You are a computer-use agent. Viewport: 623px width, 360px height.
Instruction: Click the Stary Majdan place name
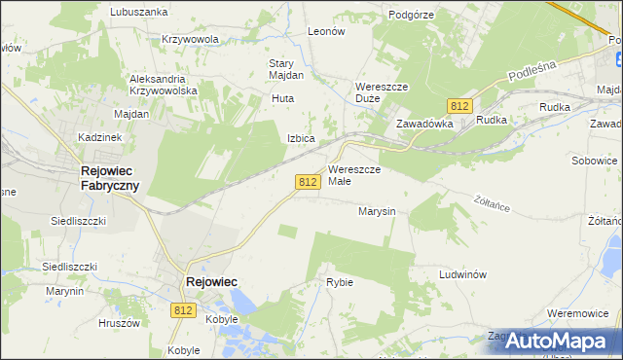(286, 69)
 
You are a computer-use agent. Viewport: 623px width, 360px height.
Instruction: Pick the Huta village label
(283, 98)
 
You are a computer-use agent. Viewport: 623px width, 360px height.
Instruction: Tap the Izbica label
(300, 138)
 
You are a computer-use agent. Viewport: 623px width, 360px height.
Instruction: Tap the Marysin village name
(376, 210)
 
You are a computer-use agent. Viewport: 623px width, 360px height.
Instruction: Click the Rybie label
(339, 282)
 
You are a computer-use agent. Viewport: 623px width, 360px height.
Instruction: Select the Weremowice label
(579, 312)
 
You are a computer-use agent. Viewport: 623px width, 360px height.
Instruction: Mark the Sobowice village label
(597, 160)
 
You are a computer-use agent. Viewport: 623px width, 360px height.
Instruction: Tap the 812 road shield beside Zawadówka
(460, 105)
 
